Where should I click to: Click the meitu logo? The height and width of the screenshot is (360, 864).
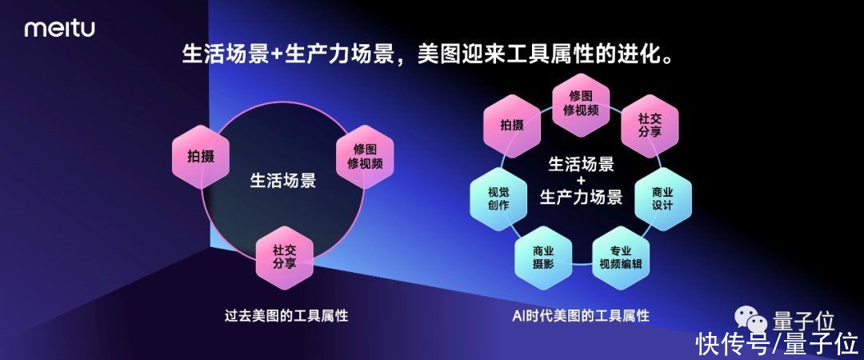point(59,28)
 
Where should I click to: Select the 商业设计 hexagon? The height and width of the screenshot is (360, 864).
point(662,198)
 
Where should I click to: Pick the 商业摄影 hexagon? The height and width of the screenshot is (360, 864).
point(542,258)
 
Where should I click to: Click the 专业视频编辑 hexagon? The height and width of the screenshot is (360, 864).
point(620,258)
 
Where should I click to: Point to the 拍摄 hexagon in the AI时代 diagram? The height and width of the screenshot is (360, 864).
point(511,125)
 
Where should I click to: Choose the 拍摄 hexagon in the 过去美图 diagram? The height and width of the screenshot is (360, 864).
point(201,157)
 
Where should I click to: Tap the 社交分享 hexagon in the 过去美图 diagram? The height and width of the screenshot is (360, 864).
point(284,258)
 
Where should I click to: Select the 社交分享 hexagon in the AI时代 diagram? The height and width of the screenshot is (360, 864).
point(650,125)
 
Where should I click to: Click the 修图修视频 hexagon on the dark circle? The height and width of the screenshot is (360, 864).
point(365,157)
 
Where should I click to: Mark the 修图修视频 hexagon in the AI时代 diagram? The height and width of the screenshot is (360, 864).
point(581,104)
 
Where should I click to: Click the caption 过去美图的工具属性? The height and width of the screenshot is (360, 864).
point(286,315)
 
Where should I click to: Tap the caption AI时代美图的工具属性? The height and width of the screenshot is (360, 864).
point(581,315)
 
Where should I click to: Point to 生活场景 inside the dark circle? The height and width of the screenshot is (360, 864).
point(283,180)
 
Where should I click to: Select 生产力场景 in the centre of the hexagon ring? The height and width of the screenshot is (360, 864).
point(581,197)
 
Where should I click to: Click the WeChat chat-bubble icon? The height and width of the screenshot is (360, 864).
point(750,318)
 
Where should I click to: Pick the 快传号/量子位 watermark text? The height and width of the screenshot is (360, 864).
point(777,344)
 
